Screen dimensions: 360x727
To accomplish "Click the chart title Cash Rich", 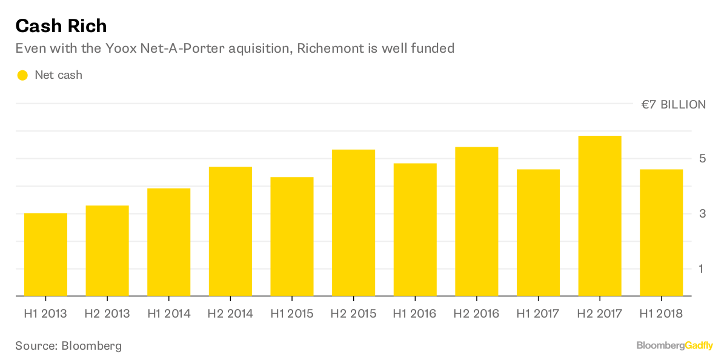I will (61, 25).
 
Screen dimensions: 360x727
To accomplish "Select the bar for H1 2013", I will (45, 255).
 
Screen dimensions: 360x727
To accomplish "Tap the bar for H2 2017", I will (600, 216).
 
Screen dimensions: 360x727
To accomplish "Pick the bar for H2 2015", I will (353, 222).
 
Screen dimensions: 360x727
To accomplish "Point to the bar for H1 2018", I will (661, 233).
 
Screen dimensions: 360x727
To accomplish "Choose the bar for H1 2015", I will (291, 236).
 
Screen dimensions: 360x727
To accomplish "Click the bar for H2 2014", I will (230, 232).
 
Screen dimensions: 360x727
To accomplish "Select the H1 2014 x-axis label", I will (168, 313).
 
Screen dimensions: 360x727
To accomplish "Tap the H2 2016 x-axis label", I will (476, 313).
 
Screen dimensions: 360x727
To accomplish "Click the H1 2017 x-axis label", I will (538, 313).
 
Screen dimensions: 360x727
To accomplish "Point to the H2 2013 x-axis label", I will (107, 313).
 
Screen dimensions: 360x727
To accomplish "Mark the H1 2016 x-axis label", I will (414, 313).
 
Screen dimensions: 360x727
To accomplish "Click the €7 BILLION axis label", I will (673, 104).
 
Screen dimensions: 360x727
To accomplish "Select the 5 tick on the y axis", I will (702, 159).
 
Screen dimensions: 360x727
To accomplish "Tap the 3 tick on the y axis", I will (702, 214).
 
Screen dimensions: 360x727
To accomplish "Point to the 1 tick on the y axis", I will (702, 268).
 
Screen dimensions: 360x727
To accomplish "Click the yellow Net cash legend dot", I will (22, 75).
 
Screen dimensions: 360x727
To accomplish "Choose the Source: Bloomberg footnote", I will (68, 345).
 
